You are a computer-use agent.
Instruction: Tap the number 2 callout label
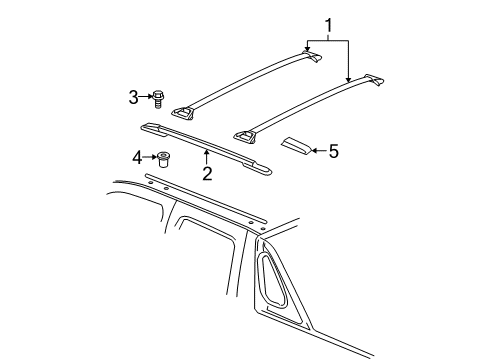click(207, 173)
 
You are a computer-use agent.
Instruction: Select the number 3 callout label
click(132, 96)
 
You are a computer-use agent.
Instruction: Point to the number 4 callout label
click(136, 156)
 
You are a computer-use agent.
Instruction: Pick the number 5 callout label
click(333, 151)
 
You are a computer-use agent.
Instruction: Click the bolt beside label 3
click(158, 97)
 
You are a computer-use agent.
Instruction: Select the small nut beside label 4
click(162, 157)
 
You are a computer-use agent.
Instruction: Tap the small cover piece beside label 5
click(294, 146)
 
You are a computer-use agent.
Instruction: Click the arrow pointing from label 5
click(316, 151)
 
